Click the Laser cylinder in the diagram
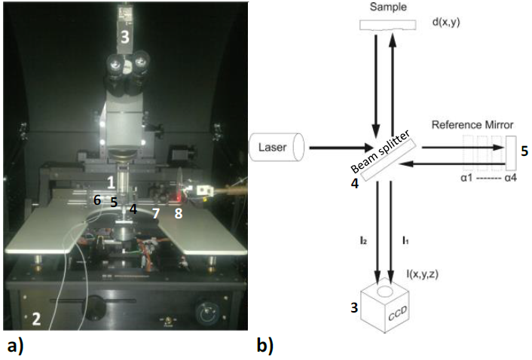tap(276, 147)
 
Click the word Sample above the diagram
tap(390, 7)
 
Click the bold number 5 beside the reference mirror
tap(525, 151)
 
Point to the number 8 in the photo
tap(179, 213)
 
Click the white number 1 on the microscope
tap(110, 182)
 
